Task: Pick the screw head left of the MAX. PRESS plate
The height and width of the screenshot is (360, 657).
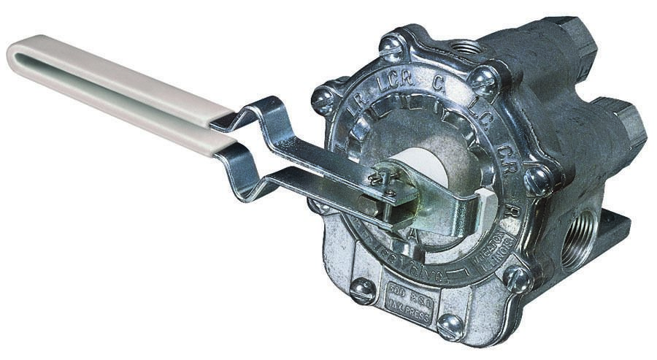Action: pyautogui.click(x=363, y=291)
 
